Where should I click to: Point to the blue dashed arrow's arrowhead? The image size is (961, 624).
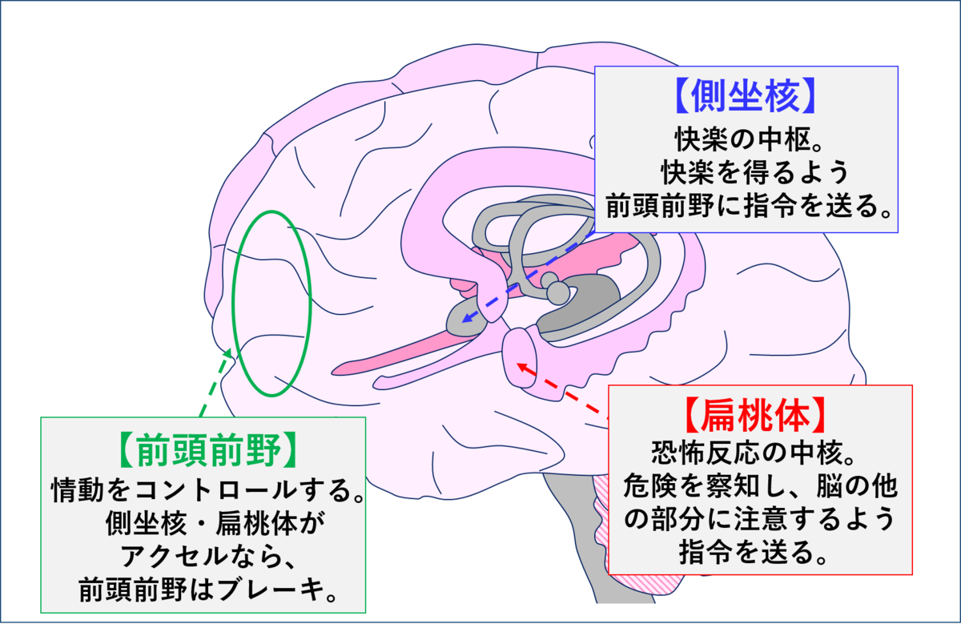pos(467,318)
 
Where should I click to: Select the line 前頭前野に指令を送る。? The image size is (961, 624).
pos(747,206)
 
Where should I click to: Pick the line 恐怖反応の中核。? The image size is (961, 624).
pos(754,453)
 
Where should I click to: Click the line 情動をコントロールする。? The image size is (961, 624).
pos(207,489)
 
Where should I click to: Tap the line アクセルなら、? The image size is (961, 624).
pos(207,557)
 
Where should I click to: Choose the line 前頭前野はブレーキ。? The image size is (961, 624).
pos(207,590)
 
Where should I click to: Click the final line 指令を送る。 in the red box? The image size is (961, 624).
pos(753,554)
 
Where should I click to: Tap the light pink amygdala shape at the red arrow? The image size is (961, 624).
pos(520,357)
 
